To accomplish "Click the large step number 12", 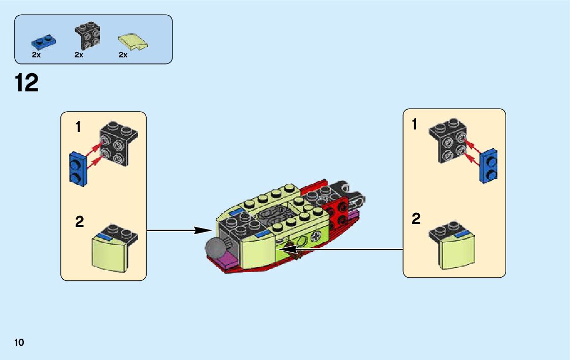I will click(27, 83).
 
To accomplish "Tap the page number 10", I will click(19, 342).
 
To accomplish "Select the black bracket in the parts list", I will click(87, 36).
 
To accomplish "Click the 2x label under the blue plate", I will click(36, 55).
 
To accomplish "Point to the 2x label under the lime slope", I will click(123, 55).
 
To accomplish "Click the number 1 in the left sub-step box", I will click(78, 127).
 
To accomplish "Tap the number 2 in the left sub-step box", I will click(79, 222).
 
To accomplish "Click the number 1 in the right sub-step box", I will click(415, 124).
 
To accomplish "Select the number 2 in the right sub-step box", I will click(416, 219).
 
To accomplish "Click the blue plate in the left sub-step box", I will click(78, 168).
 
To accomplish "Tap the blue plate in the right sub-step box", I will click(489, 166).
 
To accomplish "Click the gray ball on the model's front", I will click(215, 249).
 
